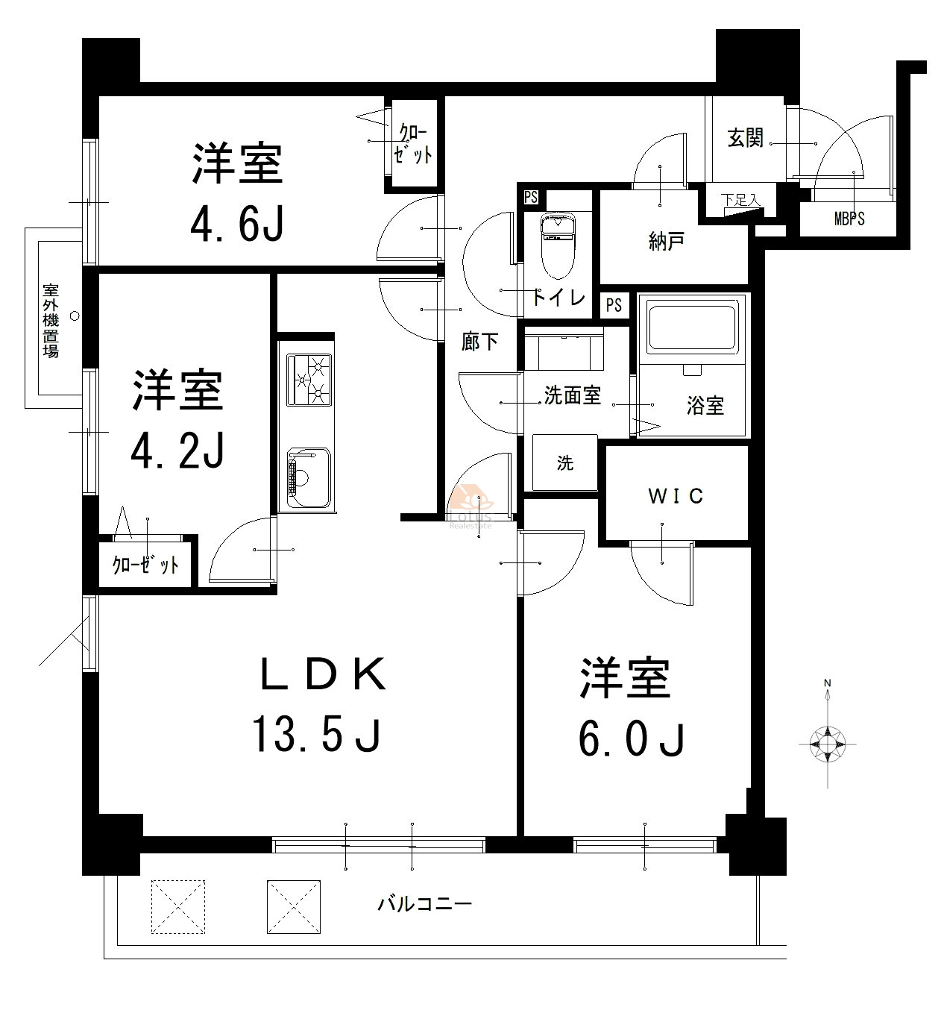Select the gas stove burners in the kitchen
point(309,380)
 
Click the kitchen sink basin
point(308,477)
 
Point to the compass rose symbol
point(827,744)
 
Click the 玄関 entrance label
point(745,138)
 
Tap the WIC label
point(676,495)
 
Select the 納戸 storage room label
point(666,241)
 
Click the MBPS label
point(849,219)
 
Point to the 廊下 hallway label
point(479,341)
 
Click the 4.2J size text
point(177,450)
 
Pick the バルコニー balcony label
point(424,905)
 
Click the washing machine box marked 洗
point(564,462)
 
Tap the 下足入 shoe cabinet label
point(740,200)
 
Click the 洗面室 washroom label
point(572,395)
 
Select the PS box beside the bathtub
point(614,305)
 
